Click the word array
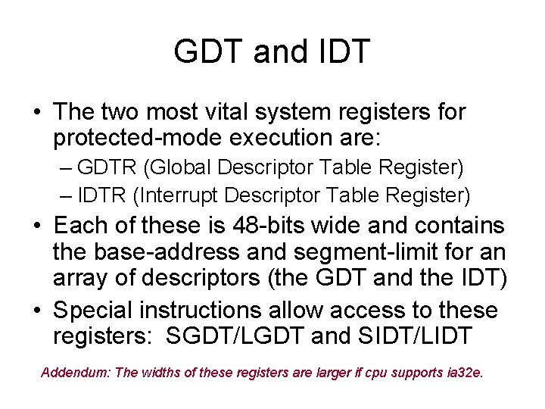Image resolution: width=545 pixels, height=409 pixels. pos(81,278)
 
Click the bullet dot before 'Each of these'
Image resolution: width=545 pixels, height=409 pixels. pos(36,226)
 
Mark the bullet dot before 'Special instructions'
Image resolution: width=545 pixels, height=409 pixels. pos(36,311)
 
